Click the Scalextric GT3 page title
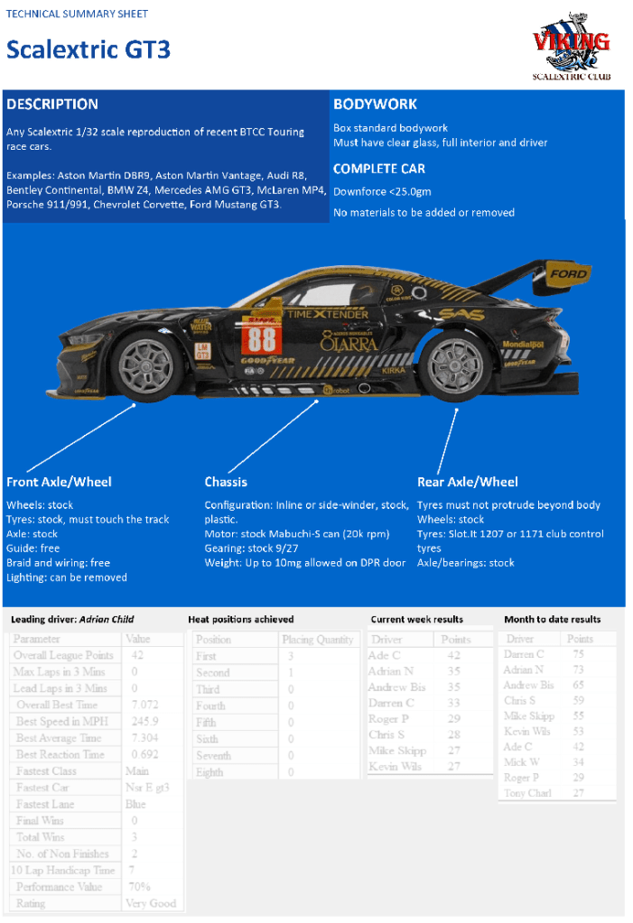(x=88, y=50)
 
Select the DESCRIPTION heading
(x=51, y=104)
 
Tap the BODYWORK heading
(x=375, y=104)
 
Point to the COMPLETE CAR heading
(x=378, y=169)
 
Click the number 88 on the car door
(x=262, y=339)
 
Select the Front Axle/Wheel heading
(x=59, y=482)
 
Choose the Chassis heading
(x=226, y=482)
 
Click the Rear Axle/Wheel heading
(x=468, y=482)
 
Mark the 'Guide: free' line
(x=33, y=549)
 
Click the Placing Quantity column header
(x=317, y=640)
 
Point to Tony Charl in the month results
(x=527, y=793)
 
